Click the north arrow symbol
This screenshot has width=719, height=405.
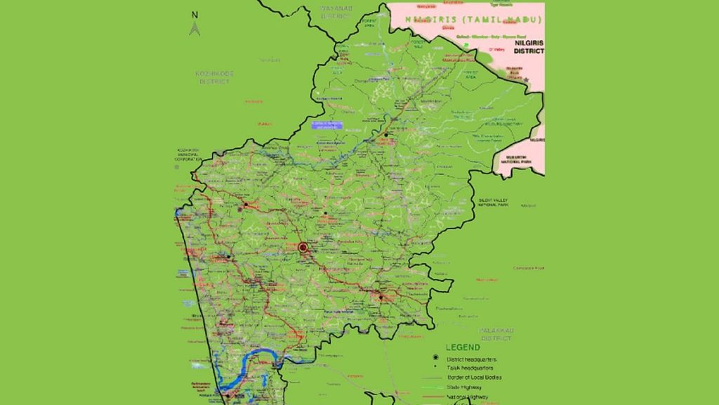(195, 29)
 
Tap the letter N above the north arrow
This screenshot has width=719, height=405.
(195, 14)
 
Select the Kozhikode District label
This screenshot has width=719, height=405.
(216, 77)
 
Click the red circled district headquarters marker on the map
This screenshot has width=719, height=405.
(303, 247)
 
